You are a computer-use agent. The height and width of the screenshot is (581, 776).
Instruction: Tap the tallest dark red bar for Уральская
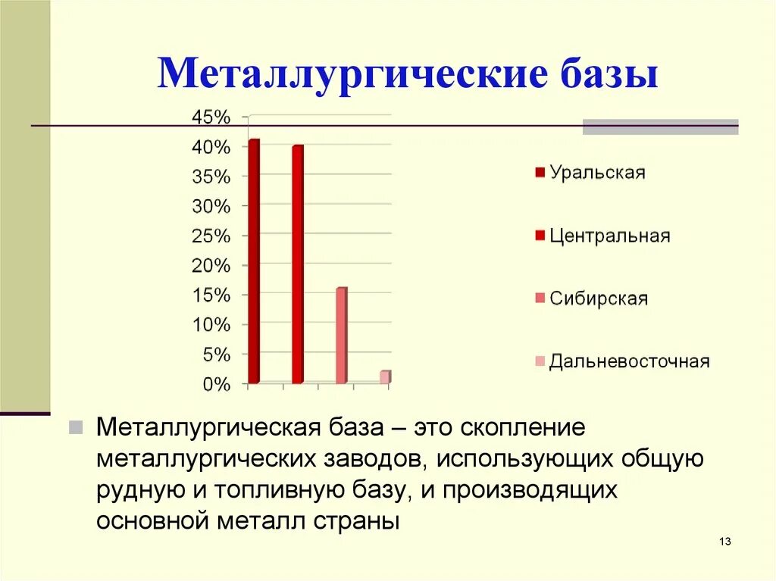point(253,261)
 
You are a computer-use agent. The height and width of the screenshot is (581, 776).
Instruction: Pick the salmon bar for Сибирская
point(341,335)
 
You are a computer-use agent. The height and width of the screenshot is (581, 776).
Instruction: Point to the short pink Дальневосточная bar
point(385,376)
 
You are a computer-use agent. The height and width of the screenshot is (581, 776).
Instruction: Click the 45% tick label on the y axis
point(208,117)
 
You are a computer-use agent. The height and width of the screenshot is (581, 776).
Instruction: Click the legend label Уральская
point(597,172)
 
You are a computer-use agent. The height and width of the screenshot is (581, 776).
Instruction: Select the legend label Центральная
point(610,236)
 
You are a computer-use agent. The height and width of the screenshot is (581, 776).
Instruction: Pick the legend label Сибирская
point(599,298)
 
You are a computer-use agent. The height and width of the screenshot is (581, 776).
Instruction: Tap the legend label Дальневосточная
point(630,361)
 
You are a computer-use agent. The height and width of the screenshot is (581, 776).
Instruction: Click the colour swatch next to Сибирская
point(540,298)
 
